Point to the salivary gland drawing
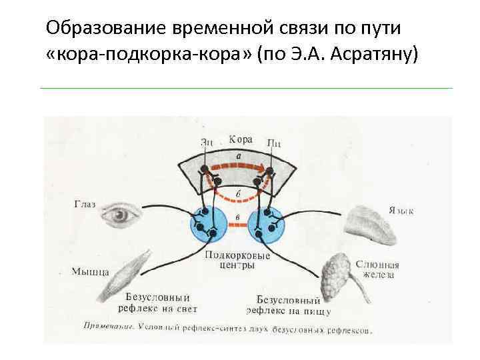[x=337, y=275]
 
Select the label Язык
[x=400, y=211]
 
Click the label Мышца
[x=89, y=271]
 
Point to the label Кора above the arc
[x=241, y=139]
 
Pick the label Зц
[x=207, y=141]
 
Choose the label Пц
[x=273, y=141]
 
